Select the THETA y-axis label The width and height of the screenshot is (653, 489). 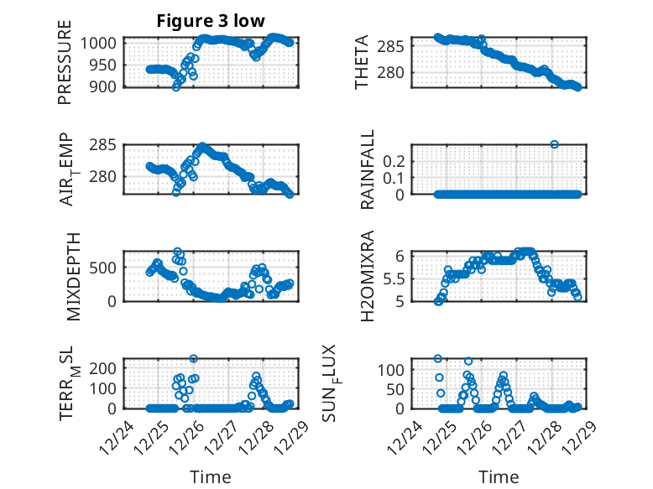[361, 62]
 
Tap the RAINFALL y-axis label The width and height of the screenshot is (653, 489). [368, 169]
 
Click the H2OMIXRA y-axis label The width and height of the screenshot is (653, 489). [368, 276]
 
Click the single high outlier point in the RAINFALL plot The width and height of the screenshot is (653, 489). [554, 144]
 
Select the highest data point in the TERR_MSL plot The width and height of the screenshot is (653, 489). [194, 358]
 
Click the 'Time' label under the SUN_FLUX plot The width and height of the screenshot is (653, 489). [499, 476]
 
